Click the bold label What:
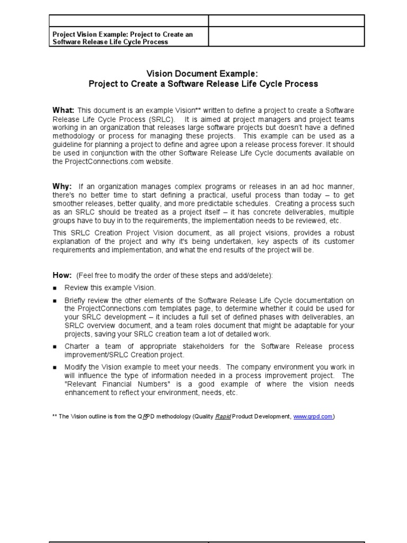coord(63,110)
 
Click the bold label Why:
coord(62,187)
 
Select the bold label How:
coord(62,275)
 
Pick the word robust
coord(342,233)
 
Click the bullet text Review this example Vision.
coord(110,287)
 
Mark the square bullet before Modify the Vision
coord(55,367)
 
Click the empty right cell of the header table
coord(286,37)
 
